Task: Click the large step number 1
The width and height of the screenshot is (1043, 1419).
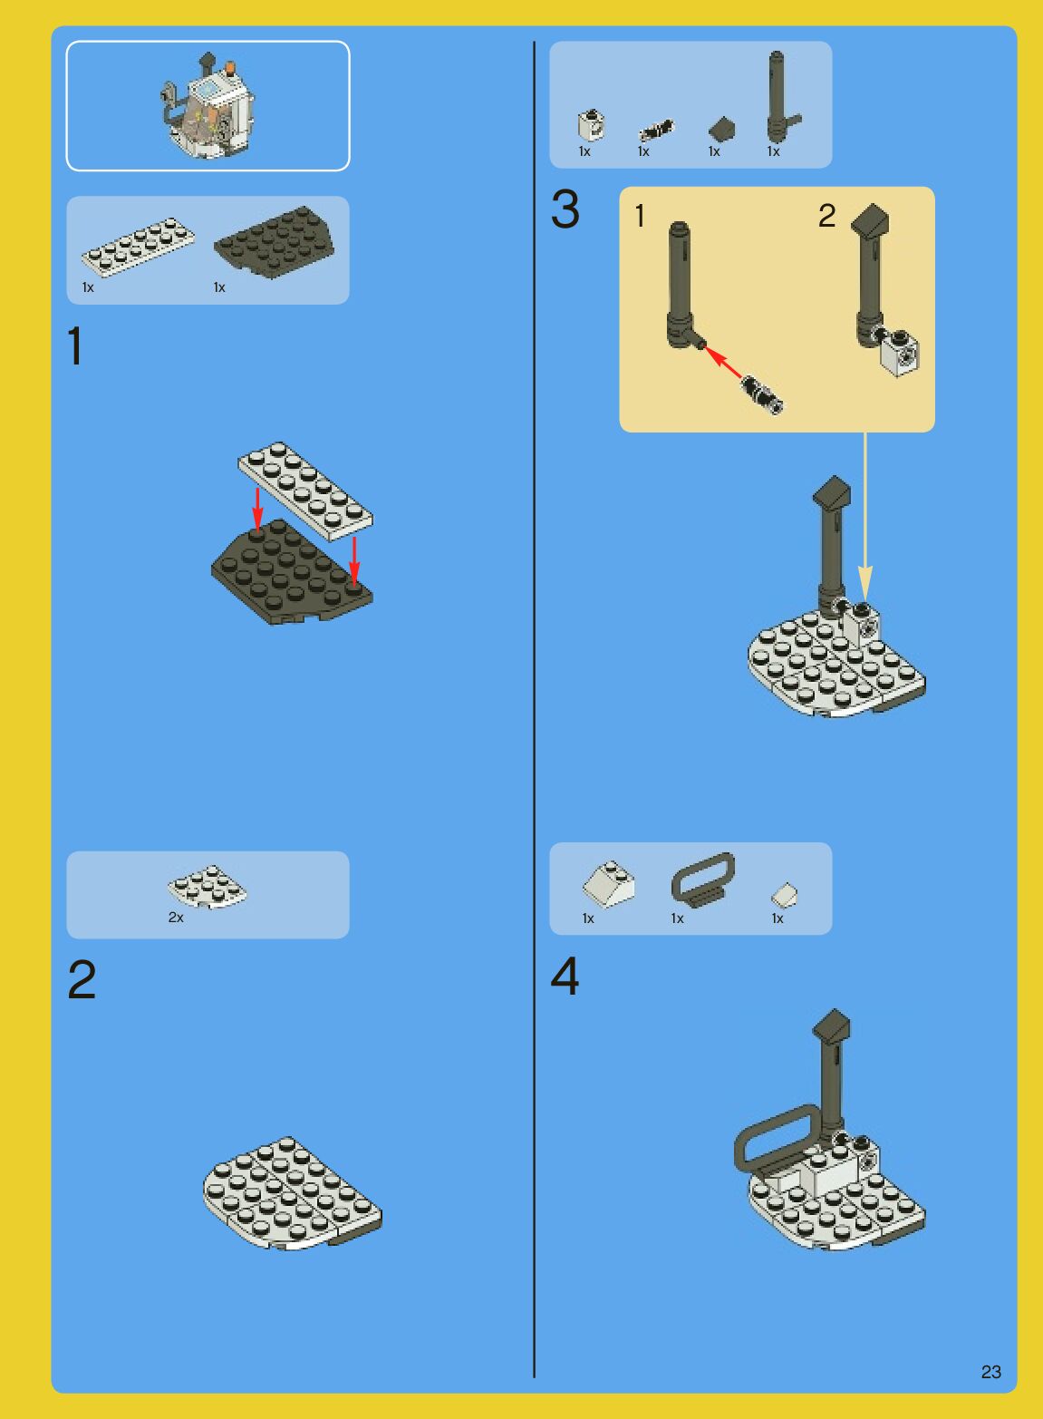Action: click(74, 345)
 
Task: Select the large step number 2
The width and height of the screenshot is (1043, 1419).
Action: click(82, 979)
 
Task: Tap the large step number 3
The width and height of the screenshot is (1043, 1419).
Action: click(565, 209)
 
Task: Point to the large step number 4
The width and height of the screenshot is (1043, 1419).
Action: click(565, 976)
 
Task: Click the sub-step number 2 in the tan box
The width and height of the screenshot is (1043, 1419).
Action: click(826, 216)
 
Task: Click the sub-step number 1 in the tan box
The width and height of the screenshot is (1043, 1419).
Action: click(640, 216)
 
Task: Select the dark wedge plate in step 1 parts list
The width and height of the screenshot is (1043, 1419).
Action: click(275, 242)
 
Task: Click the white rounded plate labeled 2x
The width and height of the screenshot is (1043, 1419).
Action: click(208, 886)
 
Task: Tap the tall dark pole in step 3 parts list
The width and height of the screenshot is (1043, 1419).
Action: click(777, 96)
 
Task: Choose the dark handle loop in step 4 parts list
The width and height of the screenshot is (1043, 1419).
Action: click(703, 878)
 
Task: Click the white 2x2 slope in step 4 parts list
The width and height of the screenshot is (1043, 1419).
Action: click(609, 884)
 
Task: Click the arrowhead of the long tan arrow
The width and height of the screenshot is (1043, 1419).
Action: click(865, 584)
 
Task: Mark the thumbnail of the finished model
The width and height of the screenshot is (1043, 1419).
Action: click(208, 106)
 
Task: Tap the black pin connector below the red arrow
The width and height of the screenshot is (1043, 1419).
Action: click(762, 394)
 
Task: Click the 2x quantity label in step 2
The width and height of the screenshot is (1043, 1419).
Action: click(176, 918)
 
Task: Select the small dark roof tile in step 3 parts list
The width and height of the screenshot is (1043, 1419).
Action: click(722, 130)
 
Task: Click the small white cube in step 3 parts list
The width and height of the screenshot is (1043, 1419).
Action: click(591, 124)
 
